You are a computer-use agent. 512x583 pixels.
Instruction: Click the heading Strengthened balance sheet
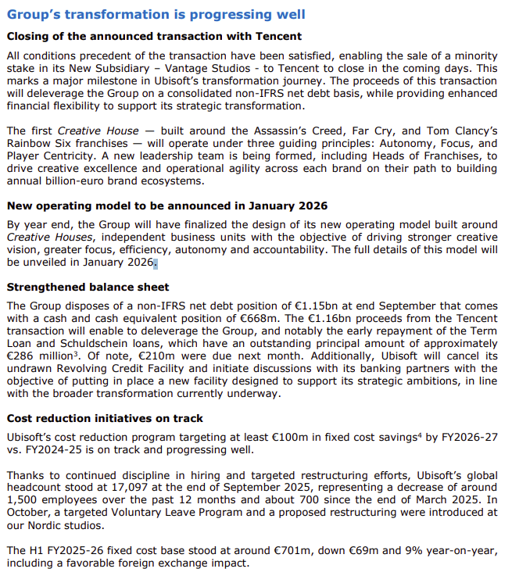88,287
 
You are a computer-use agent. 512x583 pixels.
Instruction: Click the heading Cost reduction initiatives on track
105,418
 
